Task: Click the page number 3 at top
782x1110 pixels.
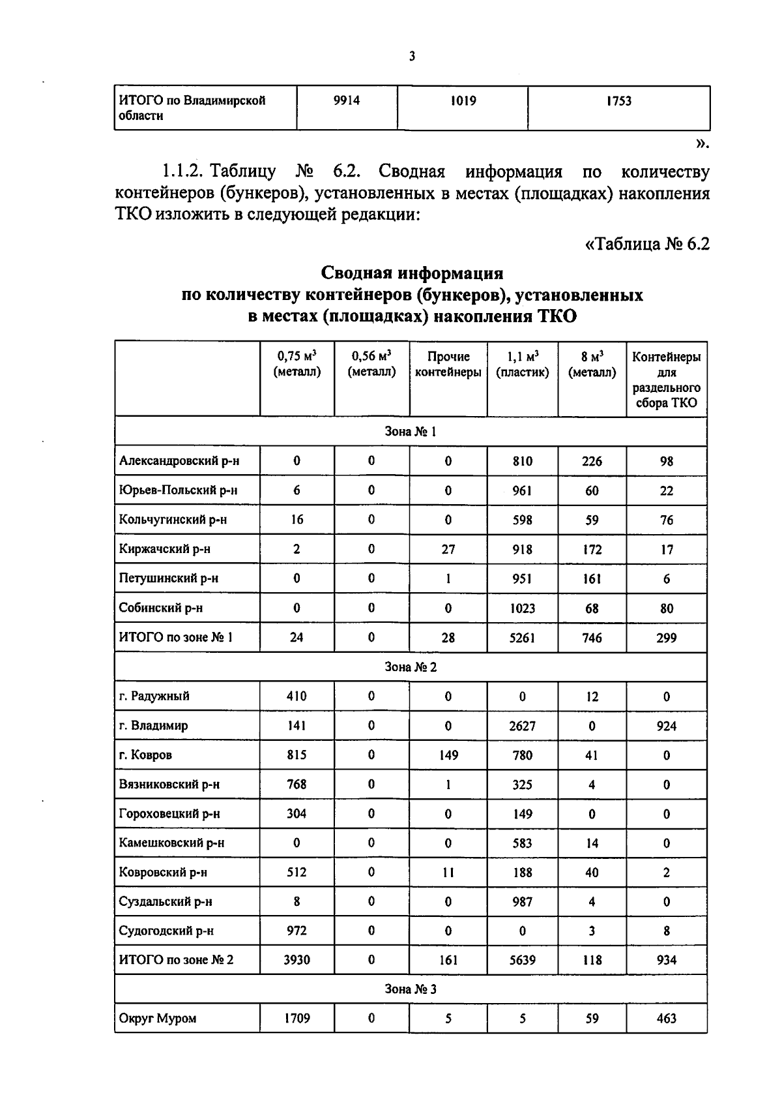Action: pyautogui.click(x=411, y=57)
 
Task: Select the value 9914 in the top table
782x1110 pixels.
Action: pyautogui.click(x=346, y=101)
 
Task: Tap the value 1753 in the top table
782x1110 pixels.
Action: pyautogui.click(x=618, y=101)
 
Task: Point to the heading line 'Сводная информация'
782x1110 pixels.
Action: pyautogui.click(x=412, y=273)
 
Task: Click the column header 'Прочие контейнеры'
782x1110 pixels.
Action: pyautogui.click(x=448, y=365)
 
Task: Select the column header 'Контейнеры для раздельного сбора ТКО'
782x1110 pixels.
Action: pyautogui.click(x=666, y=380)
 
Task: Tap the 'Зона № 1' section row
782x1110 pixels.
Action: pyautogui.click(x=411, y=432)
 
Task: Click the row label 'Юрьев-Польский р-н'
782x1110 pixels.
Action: pyautogui.click(x=178, y=490)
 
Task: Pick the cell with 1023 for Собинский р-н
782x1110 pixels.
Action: pyautogui.click(x=522, y=608)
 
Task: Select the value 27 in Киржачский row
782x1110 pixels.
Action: pyautogui.click(x=448, y=549)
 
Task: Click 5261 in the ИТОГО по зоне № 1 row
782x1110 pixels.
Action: pyautogui.click(x=522, y=638)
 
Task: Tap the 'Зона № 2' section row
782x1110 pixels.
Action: pyautogui.click(x=411, y=667)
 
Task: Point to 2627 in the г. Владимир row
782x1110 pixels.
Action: pyautogui.click(x=522, y=726)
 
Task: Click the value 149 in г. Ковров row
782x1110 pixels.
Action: pyautogui.click(x=448, y=755)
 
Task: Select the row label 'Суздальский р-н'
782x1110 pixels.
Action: pyautogui.click(x=166, y=902)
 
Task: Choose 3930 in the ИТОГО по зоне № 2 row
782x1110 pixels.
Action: pyautogui.click(x=297, y=960)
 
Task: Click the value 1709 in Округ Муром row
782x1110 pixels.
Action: pyautogui.click(x=297, y=1018)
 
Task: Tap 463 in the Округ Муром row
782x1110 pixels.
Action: pyautogui.click(x=666, y=1018)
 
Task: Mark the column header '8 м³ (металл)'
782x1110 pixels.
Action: pyautogui.click(x=592, y=365)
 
